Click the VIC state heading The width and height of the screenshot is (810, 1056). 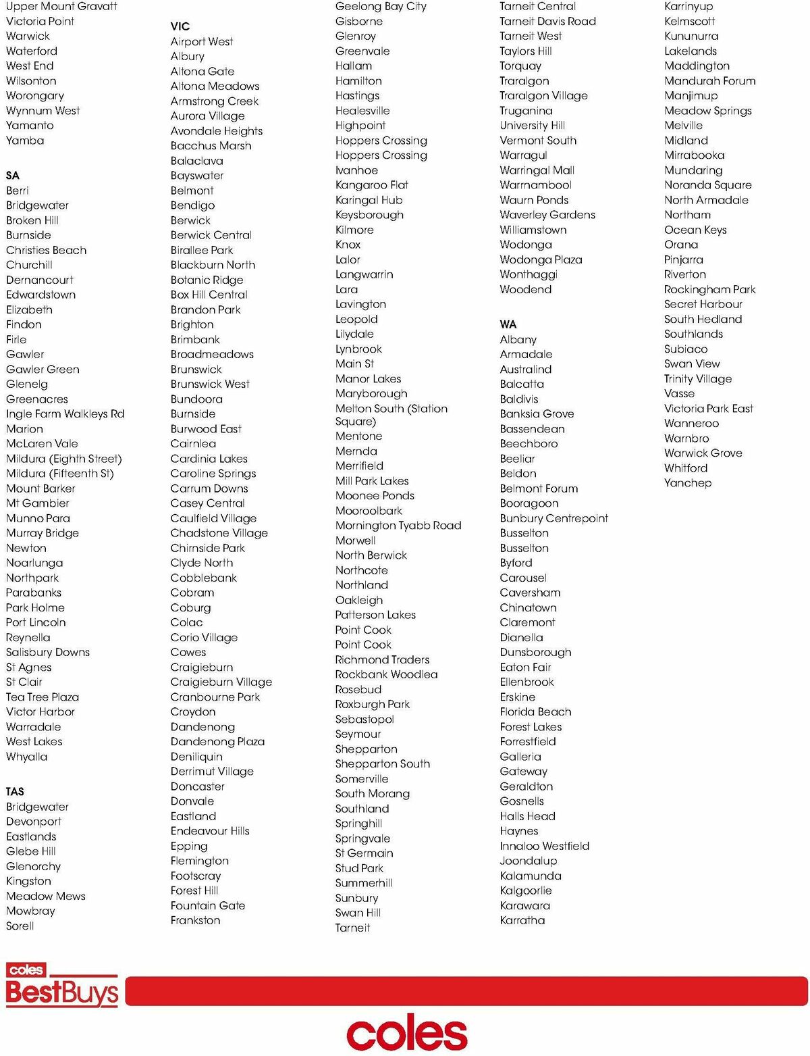[180, 26]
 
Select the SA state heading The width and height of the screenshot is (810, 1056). [13, 176]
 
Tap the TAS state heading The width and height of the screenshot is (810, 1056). [15, 792]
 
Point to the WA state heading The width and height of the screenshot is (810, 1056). [508, 324]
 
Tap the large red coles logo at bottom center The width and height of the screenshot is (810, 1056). [406, 1032]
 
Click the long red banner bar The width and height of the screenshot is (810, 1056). [466, 990]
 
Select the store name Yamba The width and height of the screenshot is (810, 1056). [25, 141]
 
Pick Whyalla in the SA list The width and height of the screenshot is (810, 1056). [27, 757]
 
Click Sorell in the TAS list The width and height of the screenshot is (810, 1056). [20, 926]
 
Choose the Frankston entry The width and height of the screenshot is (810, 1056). [195, 920]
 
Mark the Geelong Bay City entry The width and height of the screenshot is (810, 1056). [381, 7]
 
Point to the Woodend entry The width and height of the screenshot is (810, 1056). [525, 289]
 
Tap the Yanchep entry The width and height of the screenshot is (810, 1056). [687, 483]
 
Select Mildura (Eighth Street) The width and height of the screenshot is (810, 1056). [64, 459]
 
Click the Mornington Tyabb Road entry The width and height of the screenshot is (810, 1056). [398, 526]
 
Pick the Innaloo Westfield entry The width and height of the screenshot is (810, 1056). [544, 846]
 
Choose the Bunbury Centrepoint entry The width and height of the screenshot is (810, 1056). [553, 518]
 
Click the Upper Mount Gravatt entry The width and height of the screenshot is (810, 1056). [61, 7]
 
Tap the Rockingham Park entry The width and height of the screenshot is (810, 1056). [709, 289]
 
